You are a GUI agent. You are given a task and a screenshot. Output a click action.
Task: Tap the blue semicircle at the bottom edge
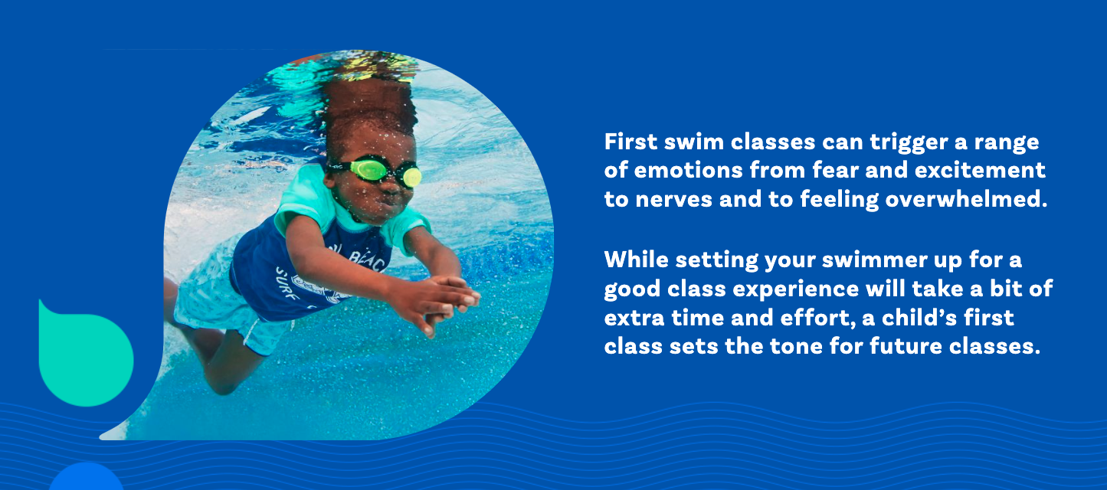pos(86,477)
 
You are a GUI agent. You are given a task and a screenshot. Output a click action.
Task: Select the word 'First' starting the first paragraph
pos(630,142)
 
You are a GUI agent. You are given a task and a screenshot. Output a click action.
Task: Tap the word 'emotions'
pos(689,171)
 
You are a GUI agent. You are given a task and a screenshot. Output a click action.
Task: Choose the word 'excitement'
pos(980,171)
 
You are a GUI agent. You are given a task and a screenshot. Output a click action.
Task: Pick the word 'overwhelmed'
pos(965,200)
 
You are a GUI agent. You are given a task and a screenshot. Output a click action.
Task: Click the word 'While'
pos(637,260)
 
